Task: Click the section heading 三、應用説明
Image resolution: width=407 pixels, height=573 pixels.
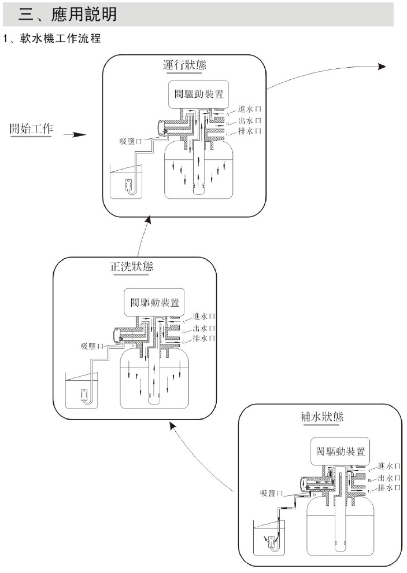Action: point(68,14)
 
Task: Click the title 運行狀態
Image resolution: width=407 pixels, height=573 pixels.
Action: point(184,65)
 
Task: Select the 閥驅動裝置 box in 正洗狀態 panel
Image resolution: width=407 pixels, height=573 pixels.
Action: point(154,302)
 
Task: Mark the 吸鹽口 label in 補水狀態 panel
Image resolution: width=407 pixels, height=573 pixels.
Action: point(271,493)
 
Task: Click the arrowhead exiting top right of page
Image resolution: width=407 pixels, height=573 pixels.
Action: point(382,66)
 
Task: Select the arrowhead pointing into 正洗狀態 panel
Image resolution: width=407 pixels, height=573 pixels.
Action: point(172,425)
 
